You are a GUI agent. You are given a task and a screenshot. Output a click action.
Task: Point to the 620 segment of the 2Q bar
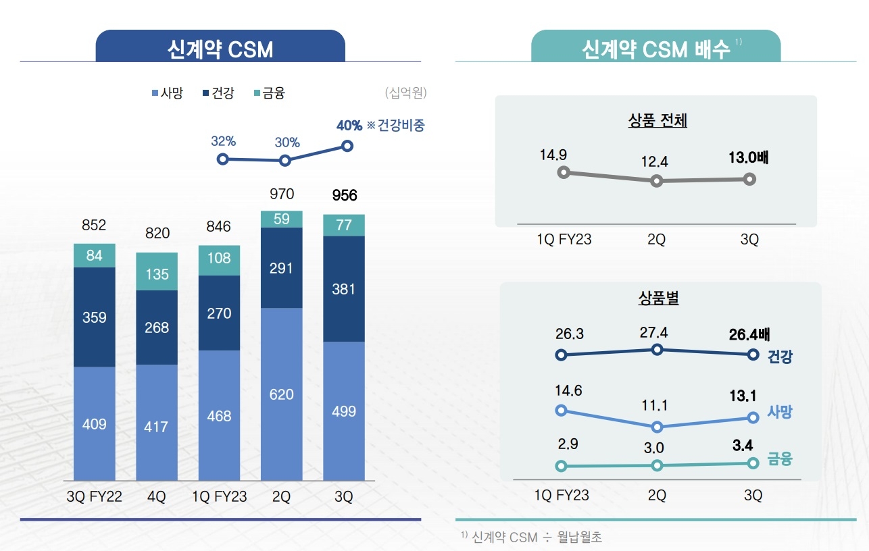coord(282,394)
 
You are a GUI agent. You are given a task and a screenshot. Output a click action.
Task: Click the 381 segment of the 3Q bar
coord(344,289)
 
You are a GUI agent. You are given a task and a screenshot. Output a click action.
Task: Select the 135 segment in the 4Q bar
coord(157,274)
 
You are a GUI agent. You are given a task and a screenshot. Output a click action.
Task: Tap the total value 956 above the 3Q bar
coord(344,196)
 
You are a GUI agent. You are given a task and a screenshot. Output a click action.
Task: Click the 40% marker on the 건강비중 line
coord(347,146)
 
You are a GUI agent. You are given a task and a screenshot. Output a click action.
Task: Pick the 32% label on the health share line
coord(223,142)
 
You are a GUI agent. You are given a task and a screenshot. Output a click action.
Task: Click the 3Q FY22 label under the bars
coord(95,497)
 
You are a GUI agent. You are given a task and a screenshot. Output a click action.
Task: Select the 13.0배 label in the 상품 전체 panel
coord(749,158)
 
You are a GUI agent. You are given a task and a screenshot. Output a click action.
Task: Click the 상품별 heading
coord(658,298)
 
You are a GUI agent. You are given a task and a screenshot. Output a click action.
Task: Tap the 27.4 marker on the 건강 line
coord(657,349)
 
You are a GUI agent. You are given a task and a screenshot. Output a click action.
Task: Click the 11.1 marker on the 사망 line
coord(657,427)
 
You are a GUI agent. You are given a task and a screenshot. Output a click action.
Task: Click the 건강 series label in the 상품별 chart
coord(780,357)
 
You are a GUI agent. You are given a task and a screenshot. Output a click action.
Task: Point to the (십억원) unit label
coord(405,93)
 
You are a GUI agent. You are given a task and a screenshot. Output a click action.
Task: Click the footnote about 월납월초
coord(532,537)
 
